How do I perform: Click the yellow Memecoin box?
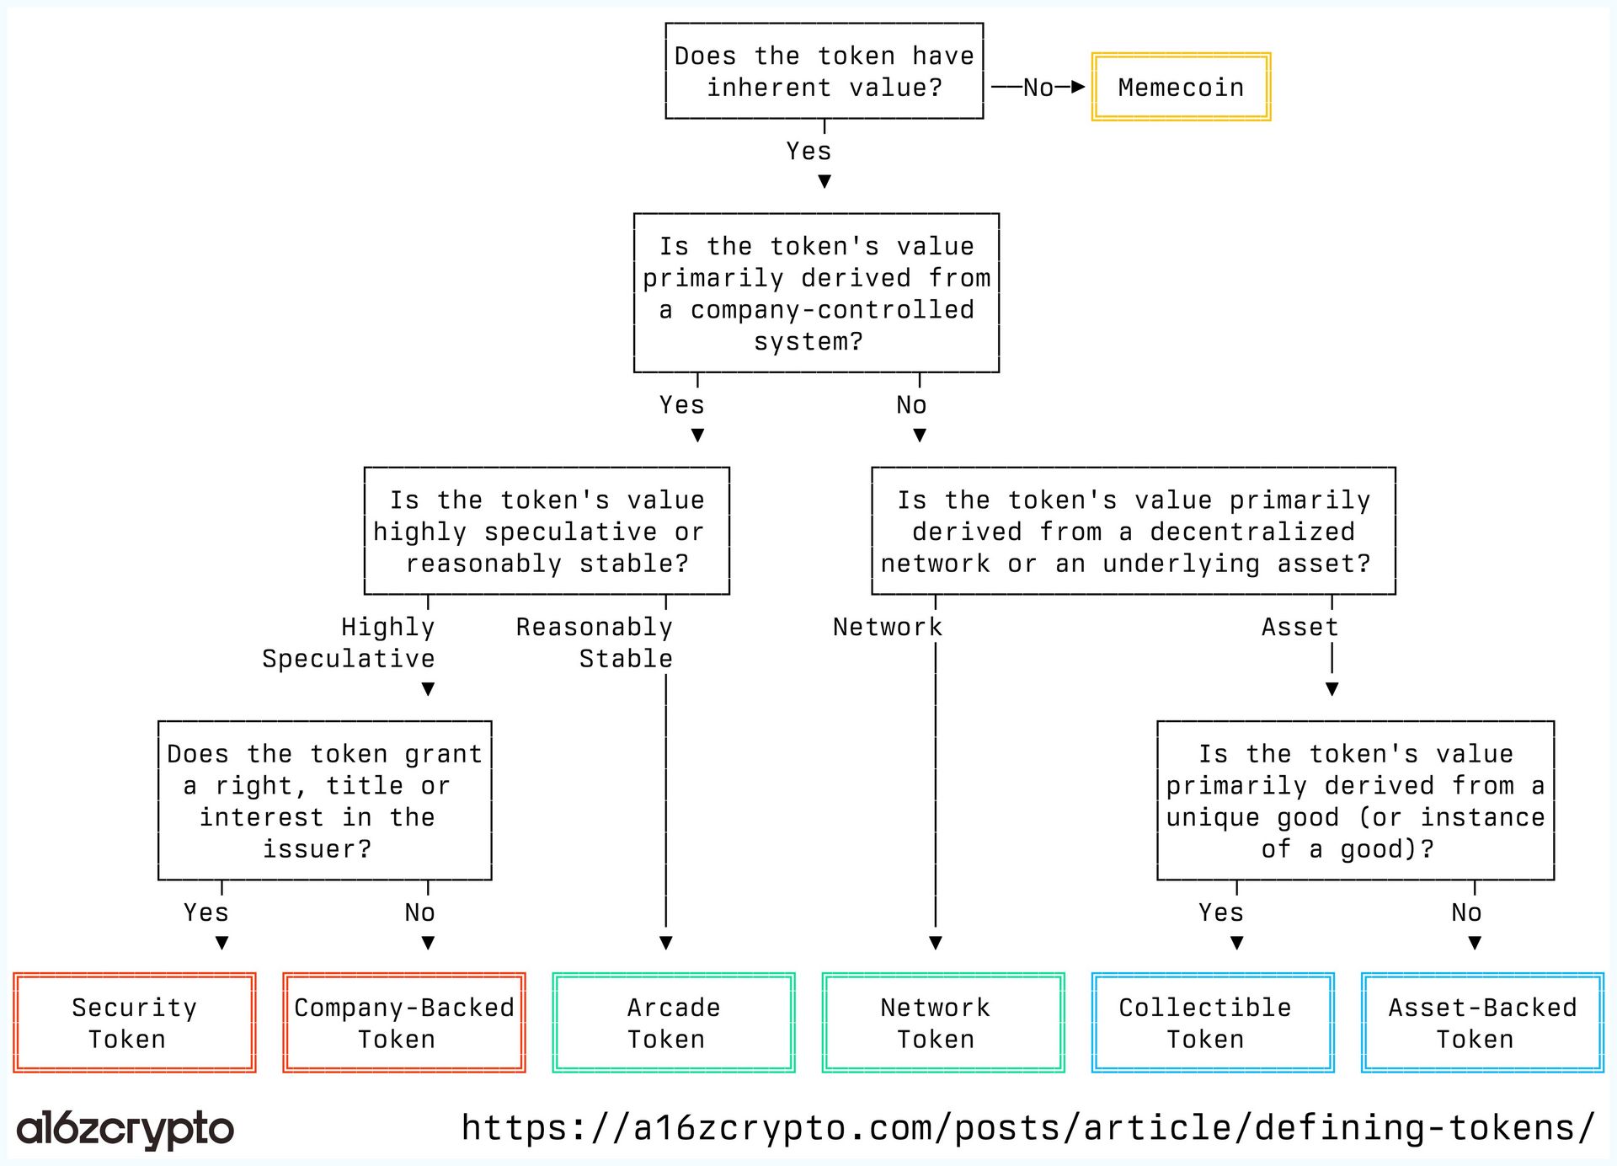click(1181, 87)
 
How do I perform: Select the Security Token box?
click(135, 1023)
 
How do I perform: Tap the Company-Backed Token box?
click(404, 1023)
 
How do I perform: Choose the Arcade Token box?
click(674, 1023)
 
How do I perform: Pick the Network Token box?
click(943, 1023)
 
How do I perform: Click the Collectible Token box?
click(1213, 1023)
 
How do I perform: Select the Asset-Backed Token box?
click(1482, 1023)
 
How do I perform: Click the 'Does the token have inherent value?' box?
click(824, 72)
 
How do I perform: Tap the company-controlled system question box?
click(816, 293)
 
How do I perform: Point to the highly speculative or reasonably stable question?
click(547, 532)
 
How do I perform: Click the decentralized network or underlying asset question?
click(1133, 532)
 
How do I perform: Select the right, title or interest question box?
click(324, 800)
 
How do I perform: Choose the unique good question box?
click(1355, 800)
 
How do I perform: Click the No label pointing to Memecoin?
click(1038, 88)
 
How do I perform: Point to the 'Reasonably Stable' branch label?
click(595, 643)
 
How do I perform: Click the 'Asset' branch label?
click(1299, 627)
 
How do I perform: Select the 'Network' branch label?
click(887, 627)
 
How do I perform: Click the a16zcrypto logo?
click(125, 1129)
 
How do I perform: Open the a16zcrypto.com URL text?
click(1027, 1127)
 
